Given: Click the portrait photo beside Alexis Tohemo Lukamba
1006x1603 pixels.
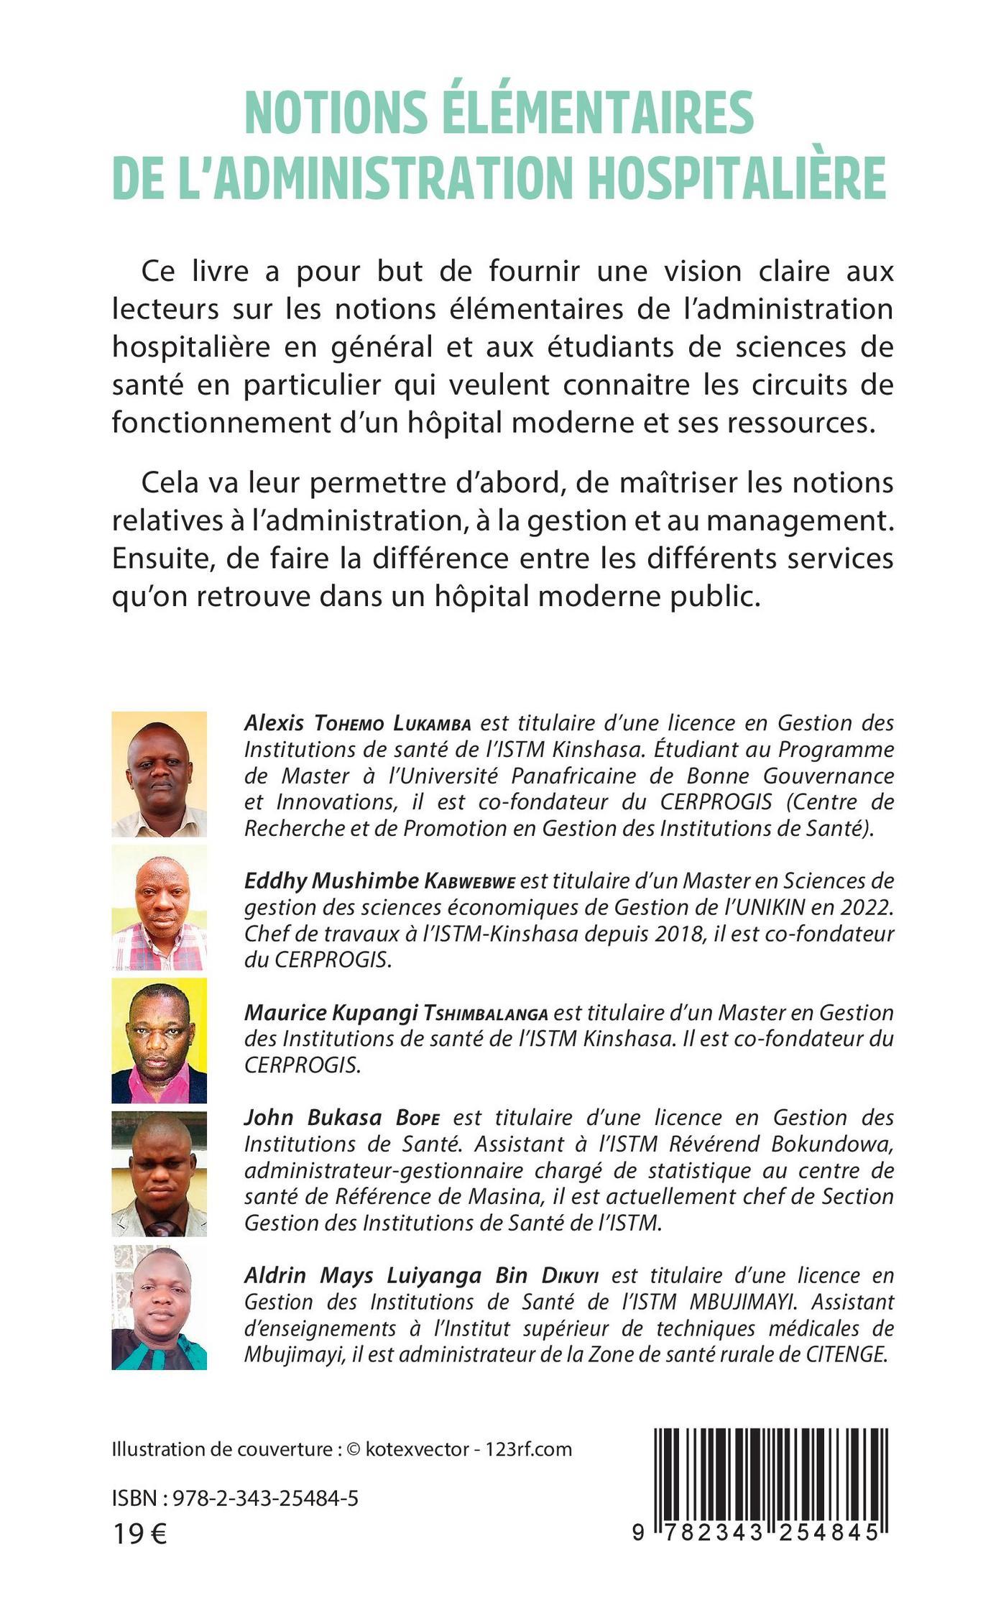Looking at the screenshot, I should (160, 774).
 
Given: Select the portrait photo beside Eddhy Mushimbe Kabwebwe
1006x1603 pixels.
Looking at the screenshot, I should (160, 908).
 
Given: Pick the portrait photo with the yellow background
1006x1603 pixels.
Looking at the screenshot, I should (160, 1040).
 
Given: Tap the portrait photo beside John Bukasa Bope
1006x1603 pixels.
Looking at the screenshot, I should (160, 1173).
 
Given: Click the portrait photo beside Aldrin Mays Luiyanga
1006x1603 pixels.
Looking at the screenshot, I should (160, 1307).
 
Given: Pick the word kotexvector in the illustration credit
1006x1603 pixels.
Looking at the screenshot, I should (417, 1448).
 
